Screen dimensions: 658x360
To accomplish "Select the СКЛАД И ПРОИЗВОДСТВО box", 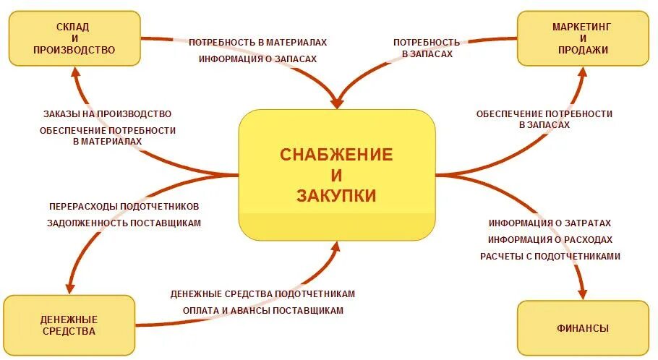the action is click(74, 38).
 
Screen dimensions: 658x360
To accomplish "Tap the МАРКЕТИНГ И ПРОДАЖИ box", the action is click(582, 38).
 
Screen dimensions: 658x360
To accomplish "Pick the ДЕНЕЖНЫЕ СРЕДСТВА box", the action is click(69, 325).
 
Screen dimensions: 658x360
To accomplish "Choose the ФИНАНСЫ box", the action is click(582, 328).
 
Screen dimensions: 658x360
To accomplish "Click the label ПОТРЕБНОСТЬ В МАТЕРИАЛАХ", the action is click(257, 43).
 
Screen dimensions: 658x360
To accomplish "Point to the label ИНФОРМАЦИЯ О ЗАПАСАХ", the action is click(257, 59).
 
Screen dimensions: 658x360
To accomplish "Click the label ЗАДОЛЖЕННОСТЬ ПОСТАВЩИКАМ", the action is click(124, 223).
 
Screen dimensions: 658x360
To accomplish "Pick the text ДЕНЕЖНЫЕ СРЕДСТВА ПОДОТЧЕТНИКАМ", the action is click(262, 294).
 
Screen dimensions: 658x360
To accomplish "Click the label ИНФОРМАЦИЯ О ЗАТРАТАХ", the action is click(550, 223).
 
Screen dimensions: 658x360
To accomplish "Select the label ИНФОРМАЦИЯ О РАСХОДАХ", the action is click(550, 240).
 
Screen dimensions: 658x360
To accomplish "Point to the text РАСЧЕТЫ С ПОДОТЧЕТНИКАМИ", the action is click(550, 256).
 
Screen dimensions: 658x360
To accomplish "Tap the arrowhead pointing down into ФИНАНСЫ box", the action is click(583, 292).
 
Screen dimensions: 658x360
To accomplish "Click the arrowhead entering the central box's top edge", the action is click(337, 103).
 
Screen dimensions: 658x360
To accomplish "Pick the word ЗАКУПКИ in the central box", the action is click(336, 196).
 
